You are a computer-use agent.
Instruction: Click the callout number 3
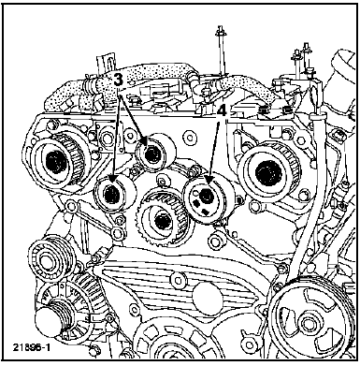[x=118, y=80]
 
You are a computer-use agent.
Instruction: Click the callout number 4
[x=222, y=111]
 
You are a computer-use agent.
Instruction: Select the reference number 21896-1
[x=32, y=347]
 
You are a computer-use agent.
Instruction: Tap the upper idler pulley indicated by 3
[x=155, y=153]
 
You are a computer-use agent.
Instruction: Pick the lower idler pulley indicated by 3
[x=114, y=193]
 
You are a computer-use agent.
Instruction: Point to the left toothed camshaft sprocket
[x=59, y=162]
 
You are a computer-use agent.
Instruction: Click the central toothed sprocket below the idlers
[x=162, y=220]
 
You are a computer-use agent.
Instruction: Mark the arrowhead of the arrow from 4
[x=209, y=181]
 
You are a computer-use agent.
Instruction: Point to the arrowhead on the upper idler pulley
[x=145, y=141]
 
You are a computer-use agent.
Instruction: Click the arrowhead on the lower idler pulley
[x=113, y=180]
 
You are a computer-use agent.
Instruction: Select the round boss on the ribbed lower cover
[x=207, y=295]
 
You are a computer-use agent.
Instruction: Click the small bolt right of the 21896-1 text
[x=94, y=351]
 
